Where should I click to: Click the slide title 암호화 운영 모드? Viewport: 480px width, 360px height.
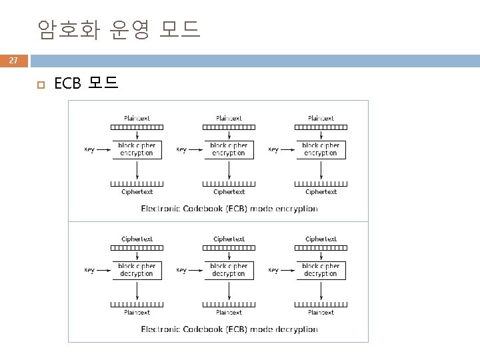pos(119,29)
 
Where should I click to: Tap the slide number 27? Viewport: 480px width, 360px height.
pos(13,61)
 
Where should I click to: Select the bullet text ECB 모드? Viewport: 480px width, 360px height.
pos(86,83)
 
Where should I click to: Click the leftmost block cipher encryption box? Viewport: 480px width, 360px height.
pos(137,149)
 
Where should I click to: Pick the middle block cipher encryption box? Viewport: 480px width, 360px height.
pos(229,149)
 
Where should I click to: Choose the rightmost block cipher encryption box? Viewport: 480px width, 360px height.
pos(321,149)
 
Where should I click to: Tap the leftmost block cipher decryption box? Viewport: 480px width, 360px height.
pos(137,270)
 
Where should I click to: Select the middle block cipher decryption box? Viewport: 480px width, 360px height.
pos(229,270)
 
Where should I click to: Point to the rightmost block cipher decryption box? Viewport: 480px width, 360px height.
pos(321,270)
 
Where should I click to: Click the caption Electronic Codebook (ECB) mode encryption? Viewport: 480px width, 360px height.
pos(229,209)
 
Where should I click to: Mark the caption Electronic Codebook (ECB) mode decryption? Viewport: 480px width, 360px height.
pos(229,329)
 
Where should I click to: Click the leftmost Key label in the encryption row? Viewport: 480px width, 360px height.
pos(89,150)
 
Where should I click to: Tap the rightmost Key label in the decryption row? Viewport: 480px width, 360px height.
pos(273,271)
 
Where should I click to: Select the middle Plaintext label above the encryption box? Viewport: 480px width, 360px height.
pos(229,118)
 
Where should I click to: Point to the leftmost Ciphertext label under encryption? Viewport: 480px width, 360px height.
pos(137,192)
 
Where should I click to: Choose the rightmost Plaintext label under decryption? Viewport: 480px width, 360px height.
pos(321,312)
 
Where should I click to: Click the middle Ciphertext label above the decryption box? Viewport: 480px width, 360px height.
pos(229,239)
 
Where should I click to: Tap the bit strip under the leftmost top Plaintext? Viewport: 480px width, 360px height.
pos(137,127)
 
